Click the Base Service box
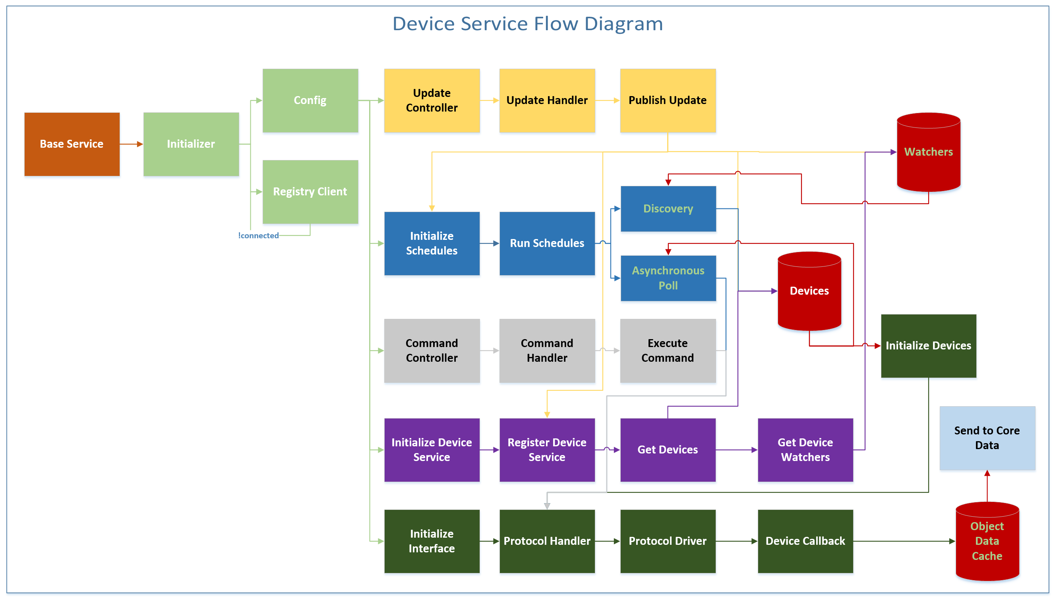pos(72,144)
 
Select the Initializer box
pos(191,144)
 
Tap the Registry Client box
pos(310,192)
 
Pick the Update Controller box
pos(432,100)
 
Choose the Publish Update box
pos(668,100)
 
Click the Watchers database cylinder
pos(928,152)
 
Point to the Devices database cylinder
pos(809,291)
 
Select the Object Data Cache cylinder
pos(987,541)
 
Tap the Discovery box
pos(668,208)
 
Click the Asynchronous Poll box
pos(668,278)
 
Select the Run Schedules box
pos(547,243)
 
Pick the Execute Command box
pos(668,350)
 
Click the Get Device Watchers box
pos(805,450)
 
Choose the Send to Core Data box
pos(987,438)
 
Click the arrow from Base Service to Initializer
pos(131,144)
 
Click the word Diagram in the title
pos(623,23)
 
